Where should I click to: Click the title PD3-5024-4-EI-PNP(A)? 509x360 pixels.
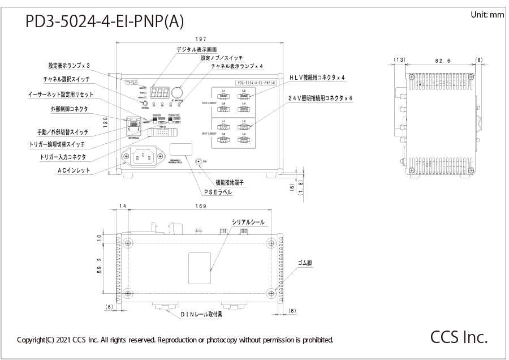[105, 22]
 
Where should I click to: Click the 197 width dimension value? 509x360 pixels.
[199, 39]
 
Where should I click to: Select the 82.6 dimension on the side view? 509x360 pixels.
[442, 59]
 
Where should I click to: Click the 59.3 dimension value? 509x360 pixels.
[99, 269]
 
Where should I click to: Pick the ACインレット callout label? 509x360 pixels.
[74, 170]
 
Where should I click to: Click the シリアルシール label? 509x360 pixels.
[248, 222]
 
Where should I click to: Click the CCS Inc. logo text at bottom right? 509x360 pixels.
[459, 337]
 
